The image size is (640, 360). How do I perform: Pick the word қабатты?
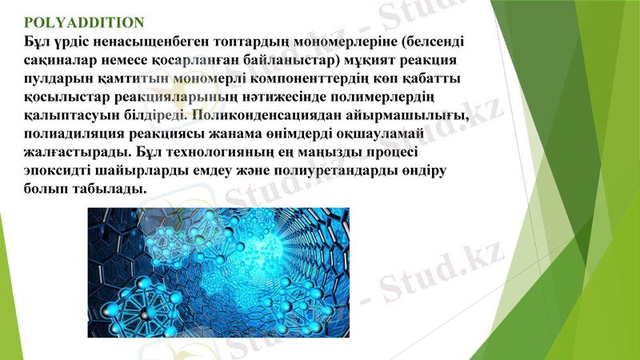click(x=431, y=78)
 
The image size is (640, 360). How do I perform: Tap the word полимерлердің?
click(x=380, y=97)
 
